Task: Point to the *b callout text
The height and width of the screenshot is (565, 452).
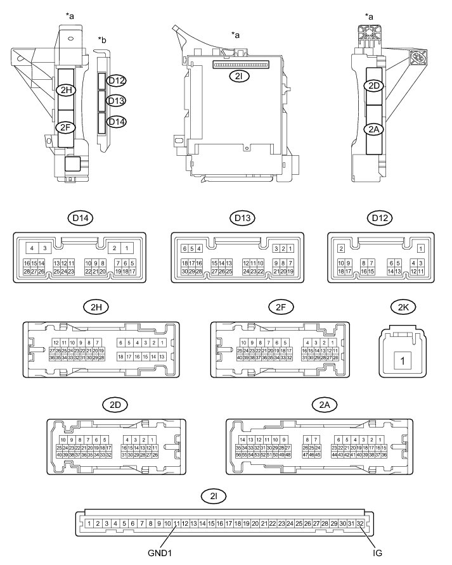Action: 101,41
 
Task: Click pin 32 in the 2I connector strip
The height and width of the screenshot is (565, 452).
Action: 360,523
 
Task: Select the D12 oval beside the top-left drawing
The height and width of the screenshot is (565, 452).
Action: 117,80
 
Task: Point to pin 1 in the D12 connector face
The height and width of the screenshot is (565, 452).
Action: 420,248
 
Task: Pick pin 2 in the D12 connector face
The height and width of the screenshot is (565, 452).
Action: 340,248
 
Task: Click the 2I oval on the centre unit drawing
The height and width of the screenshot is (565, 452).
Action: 241,73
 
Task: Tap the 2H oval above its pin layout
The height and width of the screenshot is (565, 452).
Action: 94,308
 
